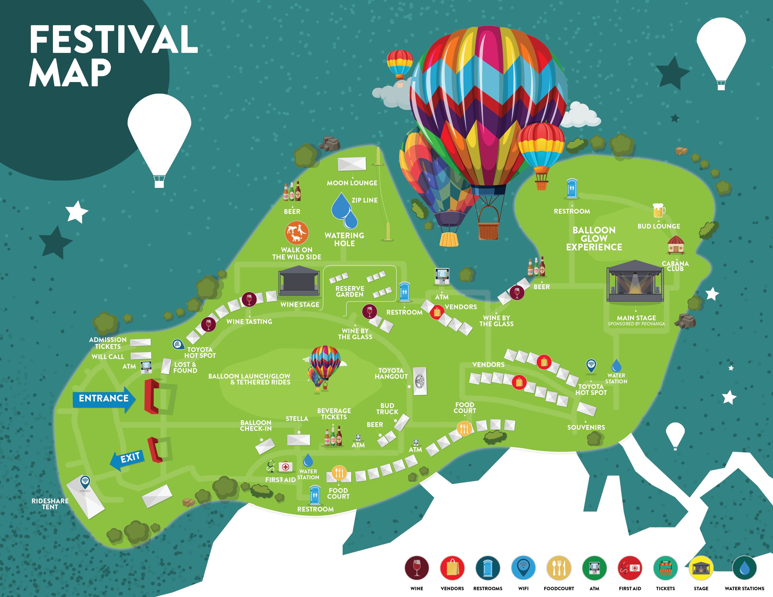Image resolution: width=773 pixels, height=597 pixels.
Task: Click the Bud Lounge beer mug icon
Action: [x=658, y=211]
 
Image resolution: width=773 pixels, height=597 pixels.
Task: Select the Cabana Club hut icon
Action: [x=676, y=245]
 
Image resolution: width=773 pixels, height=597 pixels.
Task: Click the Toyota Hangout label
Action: [x=391, y=374]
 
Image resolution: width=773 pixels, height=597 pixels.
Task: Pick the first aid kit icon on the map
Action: [x=285, y=467]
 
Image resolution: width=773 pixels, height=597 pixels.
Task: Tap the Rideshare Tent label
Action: [x=50, y=504]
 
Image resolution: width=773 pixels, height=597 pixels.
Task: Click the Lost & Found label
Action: [x=185, y=367]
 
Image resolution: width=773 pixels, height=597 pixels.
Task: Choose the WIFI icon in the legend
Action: [x=523, y=568]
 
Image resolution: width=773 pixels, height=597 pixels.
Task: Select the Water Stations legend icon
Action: [x=744, y=568]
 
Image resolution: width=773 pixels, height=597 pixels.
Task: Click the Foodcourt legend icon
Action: [x=559, y=568]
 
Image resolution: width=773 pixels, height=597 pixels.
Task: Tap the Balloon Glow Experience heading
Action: [x=594, y=239]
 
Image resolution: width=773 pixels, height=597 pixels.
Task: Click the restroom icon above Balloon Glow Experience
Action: [x=572, y=189]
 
